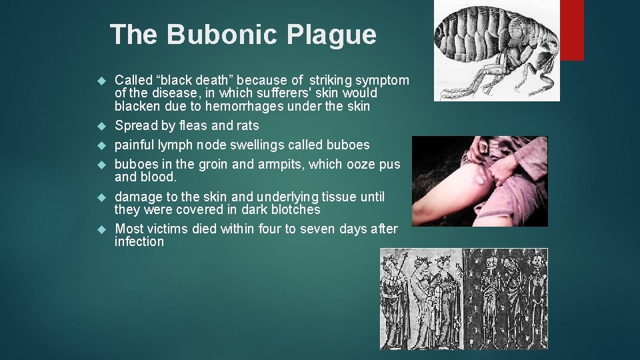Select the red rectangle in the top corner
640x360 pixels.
[573, 30]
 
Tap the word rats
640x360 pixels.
[247, 125]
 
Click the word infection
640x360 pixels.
[139, 241]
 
